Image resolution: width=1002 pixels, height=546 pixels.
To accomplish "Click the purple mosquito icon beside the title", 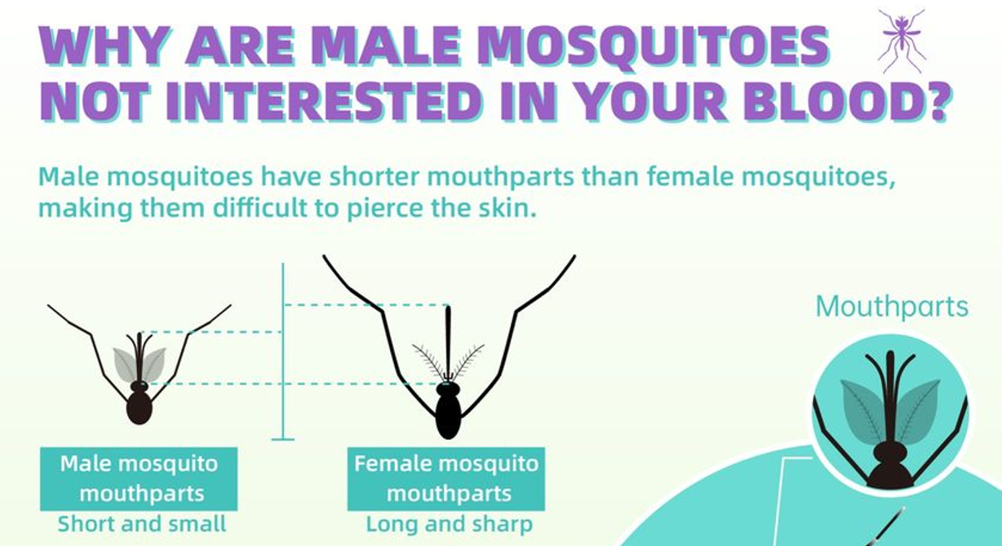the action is (x=902, y=40).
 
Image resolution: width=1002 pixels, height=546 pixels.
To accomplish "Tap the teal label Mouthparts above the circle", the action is (x=893, y=308).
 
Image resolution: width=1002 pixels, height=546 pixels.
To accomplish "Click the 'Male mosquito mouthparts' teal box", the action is (x=139, y=479).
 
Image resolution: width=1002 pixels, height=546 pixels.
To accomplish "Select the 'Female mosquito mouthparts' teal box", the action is (x=446, y=479).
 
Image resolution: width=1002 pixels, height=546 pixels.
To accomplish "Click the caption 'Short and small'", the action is (x=142, y=524).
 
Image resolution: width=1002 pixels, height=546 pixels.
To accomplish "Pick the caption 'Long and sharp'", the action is (x=449, y=524).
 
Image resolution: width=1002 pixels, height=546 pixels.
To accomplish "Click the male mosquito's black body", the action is (x=139, y=407).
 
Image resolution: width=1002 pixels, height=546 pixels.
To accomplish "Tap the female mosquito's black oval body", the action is (x=448, y=416).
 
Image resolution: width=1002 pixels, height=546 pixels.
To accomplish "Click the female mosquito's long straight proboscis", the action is (x=448, y=344).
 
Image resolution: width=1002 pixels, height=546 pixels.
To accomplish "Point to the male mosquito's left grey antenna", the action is (x=125, y=364).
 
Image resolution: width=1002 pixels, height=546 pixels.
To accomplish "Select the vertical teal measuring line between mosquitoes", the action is (x=283, y=351).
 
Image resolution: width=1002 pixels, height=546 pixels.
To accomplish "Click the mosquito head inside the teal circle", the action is (x=889, y=453).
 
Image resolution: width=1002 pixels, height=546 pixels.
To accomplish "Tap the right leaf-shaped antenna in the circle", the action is (x=917, y=411).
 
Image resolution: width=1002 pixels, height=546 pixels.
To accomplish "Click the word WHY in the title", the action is (x=105, y=46).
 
